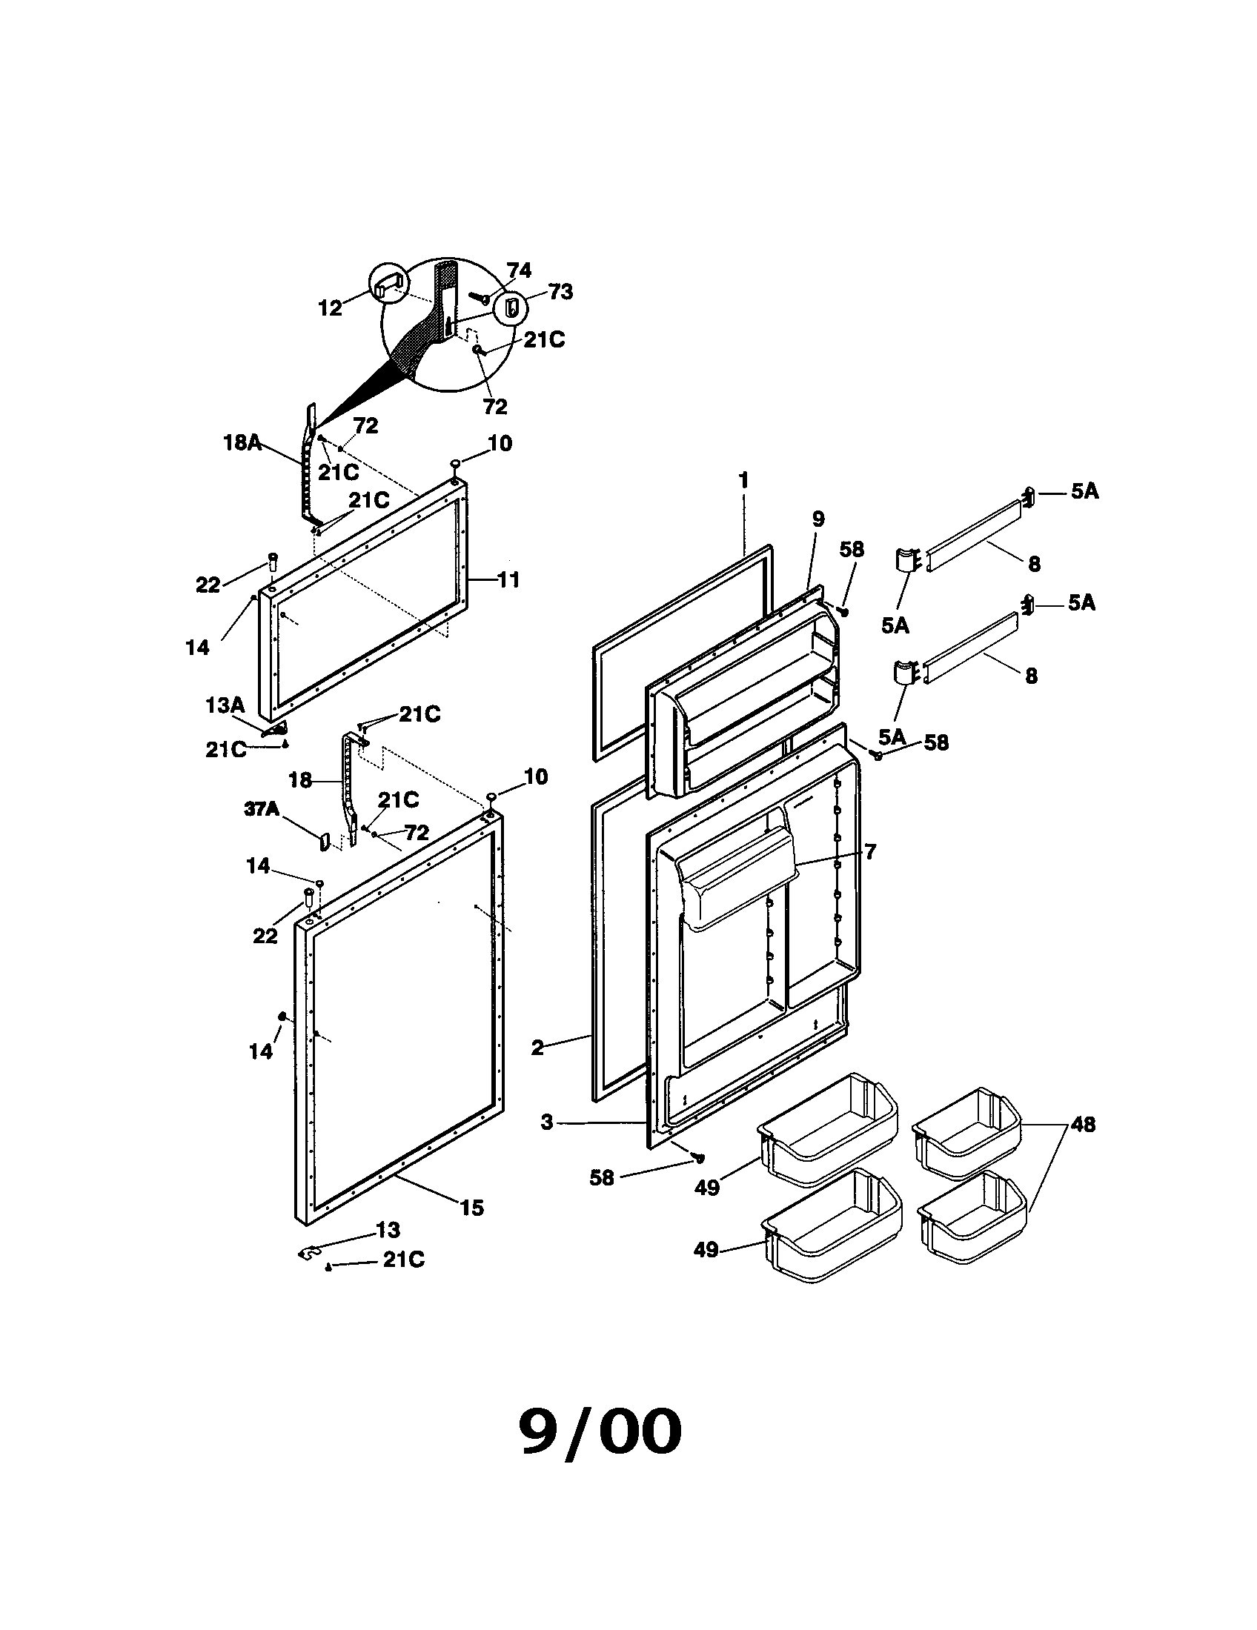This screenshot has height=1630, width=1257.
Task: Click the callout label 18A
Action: [242, 442]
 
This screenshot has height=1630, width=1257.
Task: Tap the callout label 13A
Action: [225, 705]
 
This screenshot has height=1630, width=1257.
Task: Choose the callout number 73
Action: [560, 292]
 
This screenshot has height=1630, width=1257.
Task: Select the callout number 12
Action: [331, 307]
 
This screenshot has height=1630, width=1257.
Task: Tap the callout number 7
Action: [869, 851]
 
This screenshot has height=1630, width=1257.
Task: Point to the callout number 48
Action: [1082, 1124]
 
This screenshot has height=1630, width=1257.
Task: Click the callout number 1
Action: [743, 480]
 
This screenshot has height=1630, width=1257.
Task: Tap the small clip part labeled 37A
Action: [325, 842]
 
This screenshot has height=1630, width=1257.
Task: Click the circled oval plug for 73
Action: [511, 307]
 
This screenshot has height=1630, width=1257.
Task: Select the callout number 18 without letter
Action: [300, 780]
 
